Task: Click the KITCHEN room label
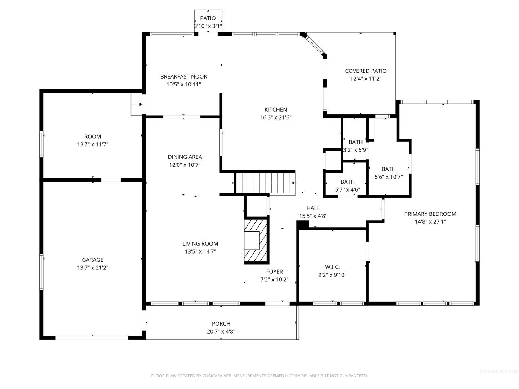tap(275, 109)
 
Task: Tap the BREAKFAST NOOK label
tap(183, 76)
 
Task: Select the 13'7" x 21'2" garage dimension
tap(93, 268)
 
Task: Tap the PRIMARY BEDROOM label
tap(430, 214)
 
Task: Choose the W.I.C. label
tap(332, 267)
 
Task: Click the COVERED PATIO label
tap(366, 71)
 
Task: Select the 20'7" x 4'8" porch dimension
tap(221, 331)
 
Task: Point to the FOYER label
tap(274, 272)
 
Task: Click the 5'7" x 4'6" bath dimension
tap(347, 189)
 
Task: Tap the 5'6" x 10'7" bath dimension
tap(389, 176)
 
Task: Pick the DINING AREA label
tap(185, 157)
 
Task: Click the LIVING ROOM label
tap(200, 243)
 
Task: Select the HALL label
tap(313, 208)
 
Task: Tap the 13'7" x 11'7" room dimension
tap(93, 144)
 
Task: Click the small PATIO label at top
tap(208, 18)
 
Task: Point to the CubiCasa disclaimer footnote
tap(259, 376)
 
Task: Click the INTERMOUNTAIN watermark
tap(499, 371)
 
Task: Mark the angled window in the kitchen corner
tap(314, 45)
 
